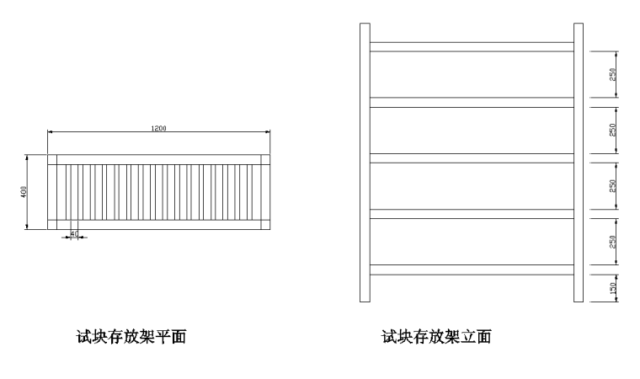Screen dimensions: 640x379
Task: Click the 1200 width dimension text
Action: (x=158, y=128)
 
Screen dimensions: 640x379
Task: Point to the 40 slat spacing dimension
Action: (x=74, y=233)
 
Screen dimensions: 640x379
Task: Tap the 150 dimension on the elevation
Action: (x=613, y=288)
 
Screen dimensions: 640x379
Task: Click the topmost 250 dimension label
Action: (x=613, y=75)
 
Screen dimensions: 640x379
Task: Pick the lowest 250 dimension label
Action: (x=613, y=242)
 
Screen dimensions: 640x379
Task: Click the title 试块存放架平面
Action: (x=131, y=338)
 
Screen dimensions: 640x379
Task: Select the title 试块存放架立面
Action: (x=436, y=338)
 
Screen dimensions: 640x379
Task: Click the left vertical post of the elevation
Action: (x=365, y=162)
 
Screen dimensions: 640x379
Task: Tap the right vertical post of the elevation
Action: (x=579, y=162)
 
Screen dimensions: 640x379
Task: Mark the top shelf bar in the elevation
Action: (x=472, y=47)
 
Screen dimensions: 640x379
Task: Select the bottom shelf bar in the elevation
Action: (x=472, y=270)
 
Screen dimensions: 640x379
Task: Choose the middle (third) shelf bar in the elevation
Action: (x=472, y=158)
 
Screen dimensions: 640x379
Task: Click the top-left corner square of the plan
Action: (x=52, y=159)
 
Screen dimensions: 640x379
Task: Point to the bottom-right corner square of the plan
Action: (x=265, y=224)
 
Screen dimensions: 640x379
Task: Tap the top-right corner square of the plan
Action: (x=265, y=159)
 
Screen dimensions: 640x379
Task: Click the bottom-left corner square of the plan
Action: (x=52, y=224)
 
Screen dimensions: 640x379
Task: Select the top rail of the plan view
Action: (x=158, y=159)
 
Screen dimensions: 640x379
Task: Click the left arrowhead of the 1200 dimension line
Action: (x=50, y=132)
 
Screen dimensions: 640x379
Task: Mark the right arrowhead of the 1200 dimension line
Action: (x=268, y=132)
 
